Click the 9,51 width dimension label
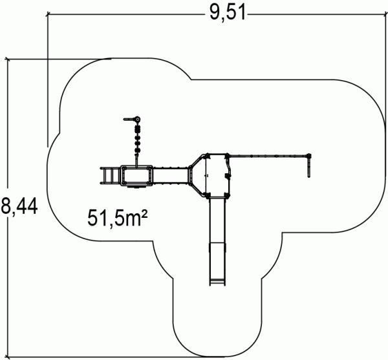[228, 12]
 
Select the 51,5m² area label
[118, 218]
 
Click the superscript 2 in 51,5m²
[145, 213]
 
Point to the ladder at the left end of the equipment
[109, 176]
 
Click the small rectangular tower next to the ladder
[136, 176]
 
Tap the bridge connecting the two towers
[170, 176]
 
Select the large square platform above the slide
[217, 174]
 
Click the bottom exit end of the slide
[217, 282]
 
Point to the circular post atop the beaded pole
[137, 120]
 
